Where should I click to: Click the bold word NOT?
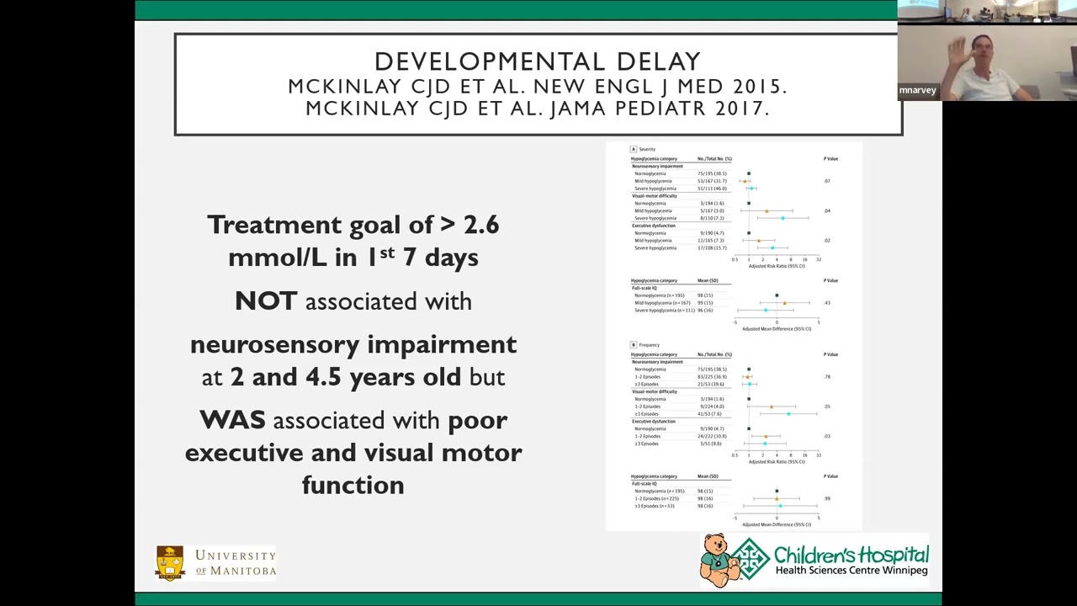point(266,301)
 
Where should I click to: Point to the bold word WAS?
point(232,420)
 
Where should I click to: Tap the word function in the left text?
point(353,486)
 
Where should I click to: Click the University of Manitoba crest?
point(170,562)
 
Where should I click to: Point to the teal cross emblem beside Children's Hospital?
point(750,559)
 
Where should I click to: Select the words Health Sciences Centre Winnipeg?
point(851,571)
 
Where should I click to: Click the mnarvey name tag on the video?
point(917,90)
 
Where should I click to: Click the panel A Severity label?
point(643,149)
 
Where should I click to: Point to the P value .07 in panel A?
point(827,181)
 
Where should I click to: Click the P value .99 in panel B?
point(827,498)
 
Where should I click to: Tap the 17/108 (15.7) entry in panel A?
point(711,248)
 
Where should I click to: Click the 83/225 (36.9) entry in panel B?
point(712,377)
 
